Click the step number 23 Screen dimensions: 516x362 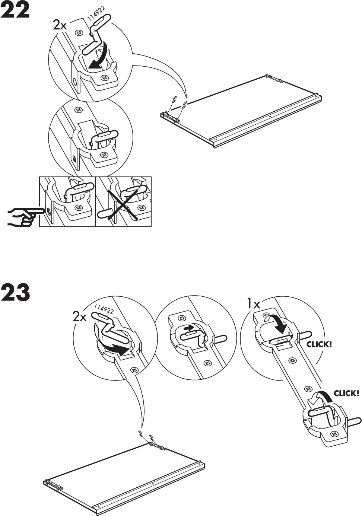[15, 293]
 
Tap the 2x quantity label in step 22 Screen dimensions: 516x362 [60, 25]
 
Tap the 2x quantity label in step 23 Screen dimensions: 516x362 [80, 317]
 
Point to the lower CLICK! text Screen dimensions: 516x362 [346, 393]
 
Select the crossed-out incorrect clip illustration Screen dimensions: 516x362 [123, 201]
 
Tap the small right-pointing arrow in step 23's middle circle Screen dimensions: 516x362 [190, 328]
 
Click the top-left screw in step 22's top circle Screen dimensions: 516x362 [79, 33]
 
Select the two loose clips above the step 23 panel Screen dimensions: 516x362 [146, 435]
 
